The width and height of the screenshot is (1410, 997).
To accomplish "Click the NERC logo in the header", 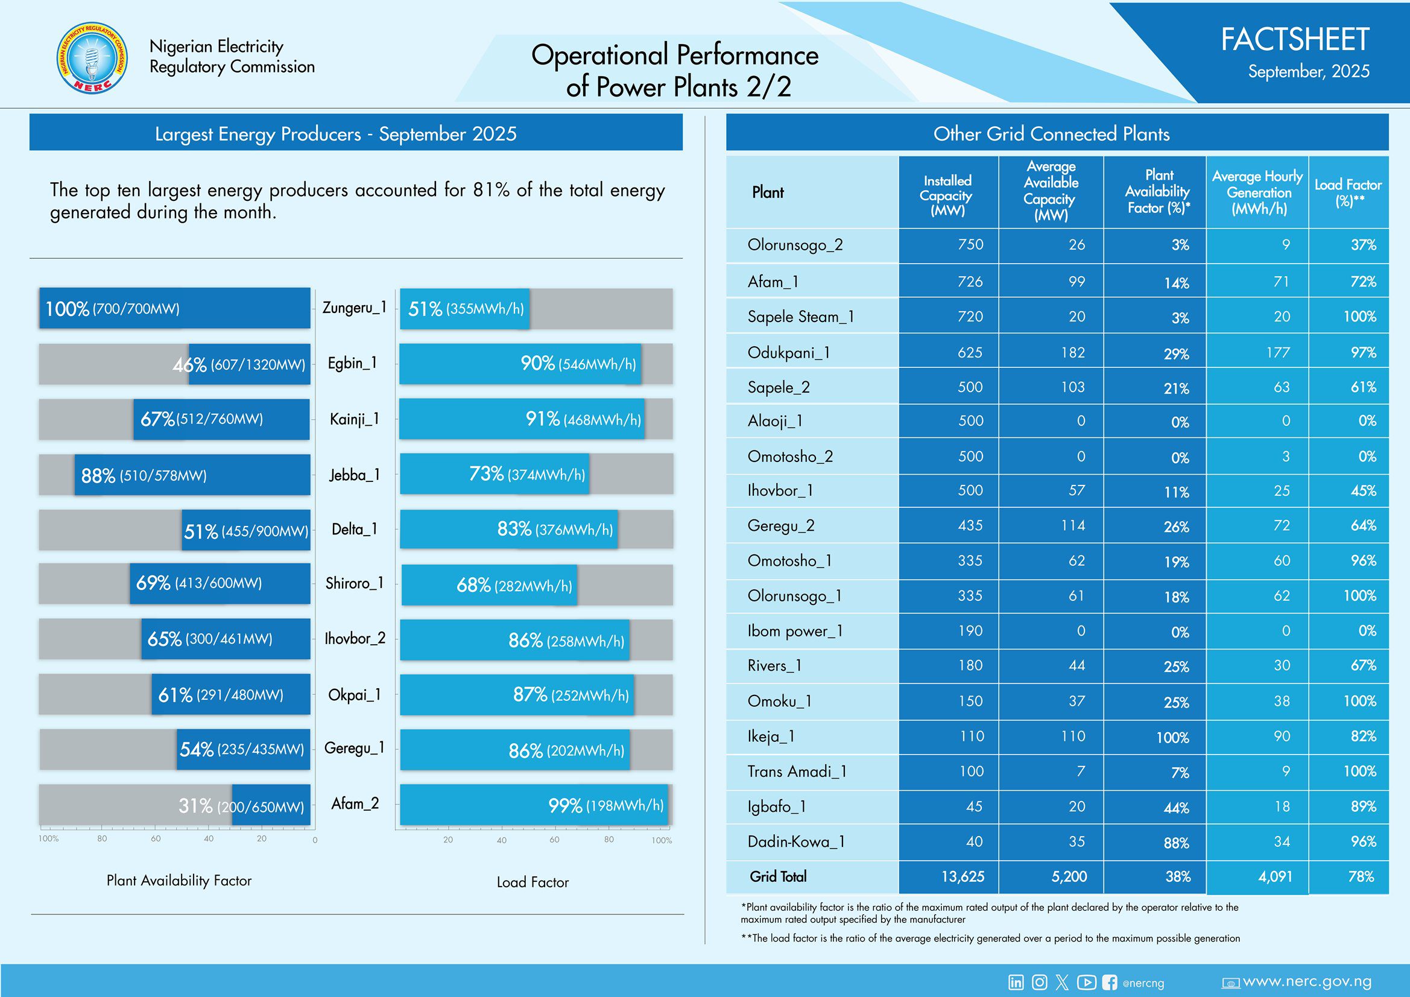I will coord(92,60).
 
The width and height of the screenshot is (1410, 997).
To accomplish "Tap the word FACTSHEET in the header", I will coord(1295,40).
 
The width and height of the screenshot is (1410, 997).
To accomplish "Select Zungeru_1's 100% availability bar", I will coord(174,308).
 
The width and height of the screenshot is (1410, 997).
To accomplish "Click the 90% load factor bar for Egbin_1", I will coord(519,364).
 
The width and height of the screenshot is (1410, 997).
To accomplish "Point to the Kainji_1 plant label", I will coord(355,419).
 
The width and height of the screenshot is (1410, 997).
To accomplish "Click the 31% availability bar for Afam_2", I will coord(270,805).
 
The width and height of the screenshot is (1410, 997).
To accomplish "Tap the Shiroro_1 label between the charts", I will coord(355,583).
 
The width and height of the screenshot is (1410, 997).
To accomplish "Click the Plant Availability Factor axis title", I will coord(179,880).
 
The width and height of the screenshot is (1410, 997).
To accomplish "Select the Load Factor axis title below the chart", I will coord(533,882).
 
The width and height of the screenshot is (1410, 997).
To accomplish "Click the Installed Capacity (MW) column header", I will coord(947,195).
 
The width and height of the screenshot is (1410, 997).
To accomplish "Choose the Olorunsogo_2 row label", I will coord(795,245).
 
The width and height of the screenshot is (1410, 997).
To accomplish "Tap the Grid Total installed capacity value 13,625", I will coord(963,876).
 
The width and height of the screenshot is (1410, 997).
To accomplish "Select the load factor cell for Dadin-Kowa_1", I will coord(1363,841).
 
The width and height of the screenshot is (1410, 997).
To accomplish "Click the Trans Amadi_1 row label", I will coord(797,771).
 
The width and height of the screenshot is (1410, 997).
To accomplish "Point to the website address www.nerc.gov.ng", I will coord(1306,982).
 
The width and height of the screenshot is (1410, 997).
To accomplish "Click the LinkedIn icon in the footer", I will coord(1016,983).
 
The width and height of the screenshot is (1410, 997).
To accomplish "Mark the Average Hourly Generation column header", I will coord(1257,192).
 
